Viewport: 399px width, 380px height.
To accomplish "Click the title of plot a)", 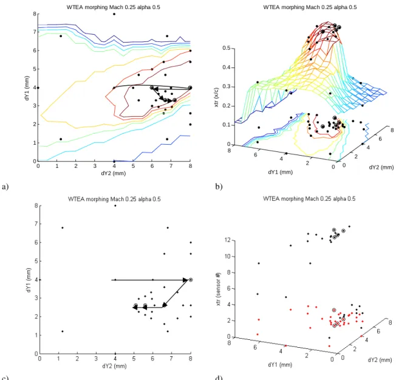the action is pos(114,7).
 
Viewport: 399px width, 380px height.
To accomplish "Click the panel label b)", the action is pos(219,187).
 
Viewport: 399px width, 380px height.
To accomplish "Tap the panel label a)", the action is pos(5,187).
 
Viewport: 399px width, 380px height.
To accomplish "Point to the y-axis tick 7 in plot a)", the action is pos(35,32).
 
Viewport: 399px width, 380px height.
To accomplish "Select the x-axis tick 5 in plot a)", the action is pos(133,166).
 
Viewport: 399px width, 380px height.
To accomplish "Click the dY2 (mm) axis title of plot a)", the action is pos(114,173).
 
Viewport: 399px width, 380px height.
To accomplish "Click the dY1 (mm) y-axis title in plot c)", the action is pos(29,280).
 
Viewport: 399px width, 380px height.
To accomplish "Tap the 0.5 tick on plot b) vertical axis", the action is pos(227,48).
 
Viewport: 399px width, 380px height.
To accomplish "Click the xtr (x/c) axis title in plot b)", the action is pos(217,97).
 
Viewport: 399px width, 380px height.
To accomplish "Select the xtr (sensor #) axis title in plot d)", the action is pos(218,289).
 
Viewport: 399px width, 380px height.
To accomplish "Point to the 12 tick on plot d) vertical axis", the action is pos(228,240).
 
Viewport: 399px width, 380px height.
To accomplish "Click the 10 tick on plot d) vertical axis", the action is pos(228,256).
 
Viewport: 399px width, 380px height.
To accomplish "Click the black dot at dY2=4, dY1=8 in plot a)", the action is pos(114,14).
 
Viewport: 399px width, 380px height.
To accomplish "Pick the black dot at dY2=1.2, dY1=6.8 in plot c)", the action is pos(63,227).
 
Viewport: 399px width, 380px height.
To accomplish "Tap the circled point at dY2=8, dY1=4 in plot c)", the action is pos(191,280).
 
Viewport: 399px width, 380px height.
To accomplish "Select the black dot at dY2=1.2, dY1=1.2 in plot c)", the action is pos(63,331).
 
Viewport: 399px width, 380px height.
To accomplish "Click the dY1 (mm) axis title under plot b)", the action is pos(280,172).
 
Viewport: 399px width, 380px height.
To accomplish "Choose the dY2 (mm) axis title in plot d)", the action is pos(380,360).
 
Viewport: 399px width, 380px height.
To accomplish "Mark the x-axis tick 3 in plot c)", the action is pos(96,359).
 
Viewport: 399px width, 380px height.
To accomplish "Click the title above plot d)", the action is pos(309,199).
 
